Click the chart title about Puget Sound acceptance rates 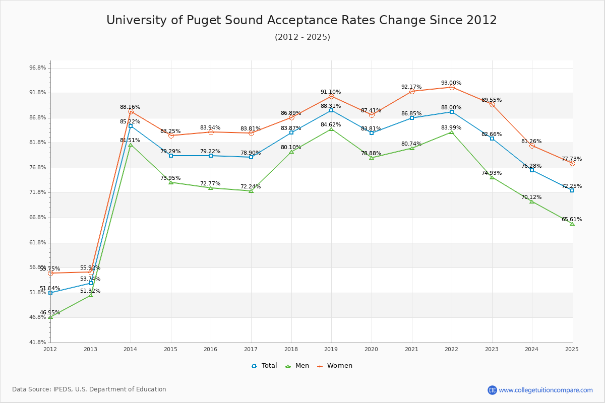click(x=301, y=20)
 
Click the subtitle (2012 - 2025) click(x=302, y=37)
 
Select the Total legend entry click(x=264, y=366)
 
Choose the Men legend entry click(x=297, y=366)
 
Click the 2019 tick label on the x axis click(x=331, y=349)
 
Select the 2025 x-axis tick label click(x=572, y=349)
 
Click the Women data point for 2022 click(x=452, y=87)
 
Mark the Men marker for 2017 click(x=251, y=191)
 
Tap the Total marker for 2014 click(x=131, y=126)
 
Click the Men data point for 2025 click(x=572, y=223)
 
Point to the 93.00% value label click(x=451, y=83)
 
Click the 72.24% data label click(x=251, y=186)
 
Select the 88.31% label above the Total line click(x=331, y=106)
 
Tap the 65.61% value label click(x=572, y=219)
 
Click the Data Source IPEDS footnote click(x=89, y=389)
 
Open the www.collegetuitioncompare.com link click(x=546, y=390)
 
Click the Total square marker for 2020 click(x=372, y=133)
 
